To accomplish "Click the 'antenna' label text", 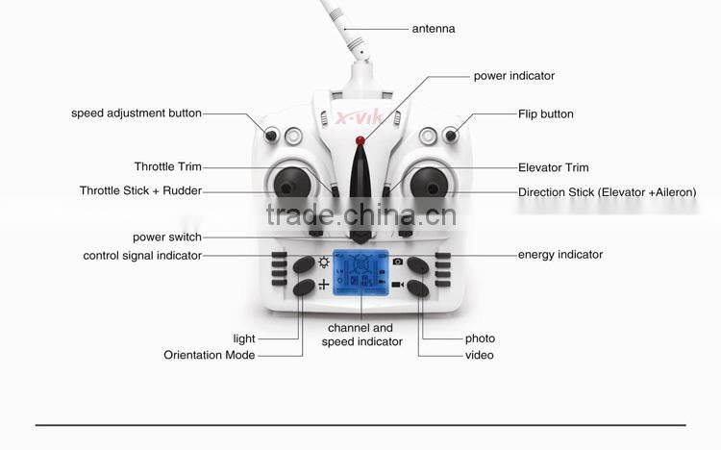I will (x=434, y=29).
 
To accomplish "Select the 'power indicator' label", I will (x=513, y=76).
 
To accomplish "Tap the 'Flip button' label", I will (x=545, y=113).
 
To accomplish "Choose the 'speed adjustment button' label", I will (x=137, y=113).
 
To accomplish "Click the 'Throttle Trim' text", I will (x=168, y=166).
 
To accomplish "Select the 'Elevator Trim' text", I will (x=553, y=167).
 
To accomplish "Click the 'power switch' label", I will (x=167, y=237).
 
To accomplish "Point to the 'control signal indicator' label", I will (x=142, y=255).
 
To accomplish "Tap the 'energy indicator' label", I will (x=560, y=255).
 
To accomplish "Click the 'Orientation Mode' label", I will (x=210, y=355).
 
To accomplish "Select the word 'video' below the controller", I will (x=479, y=355).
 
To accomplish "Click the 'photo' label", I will (x=480, y=338).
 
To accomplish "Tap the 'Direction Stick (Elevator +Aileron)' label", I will (x=607, y=192).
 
